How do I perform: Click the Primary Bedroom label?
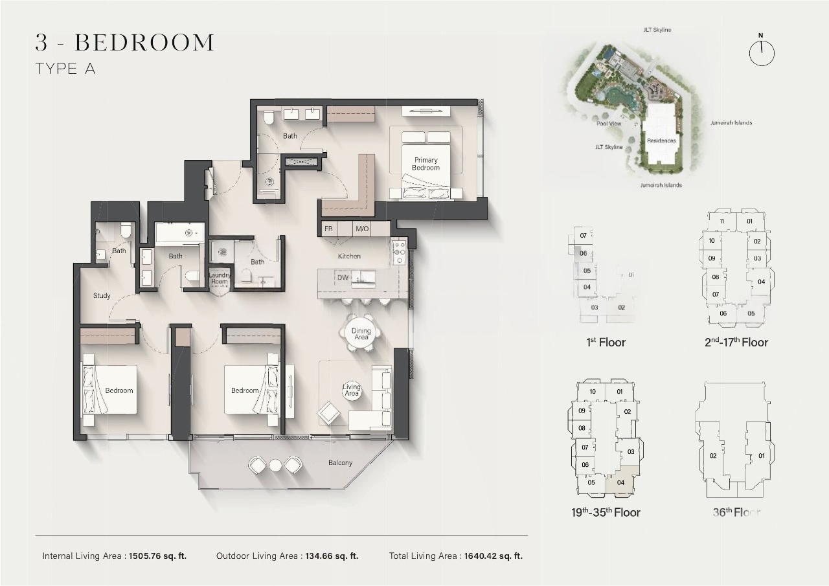coord(426,164)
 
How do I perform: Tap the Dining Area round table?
coord(361,334)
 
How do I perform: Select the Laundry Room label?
coord(219,278)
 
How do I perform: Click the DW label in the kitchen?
coord(343,278)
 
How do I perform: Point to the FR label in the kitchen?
coord(328,229)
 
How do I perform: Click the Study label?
coord(102,296)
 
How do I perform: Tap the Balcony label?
coord(340,463)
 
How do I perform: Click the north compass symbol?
coord(762,52)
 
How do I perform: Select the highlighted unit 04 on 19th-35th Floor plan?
coord(620,482)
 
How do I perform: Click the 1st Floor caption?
coord(606,343)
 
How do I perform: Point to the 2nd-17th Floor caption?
coord(736,343)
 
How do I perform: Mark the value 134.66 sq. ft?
coord(332,556)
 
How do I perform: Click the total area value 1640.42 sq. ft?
coord(494,556)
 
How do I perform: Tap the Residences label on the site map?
coord(661,141)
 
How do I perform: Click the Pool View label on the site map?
coord(609,123)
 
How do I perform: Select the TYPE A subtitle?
coord(65,69)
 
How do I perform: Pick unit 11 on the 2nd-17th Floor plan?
coord(721,221)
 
